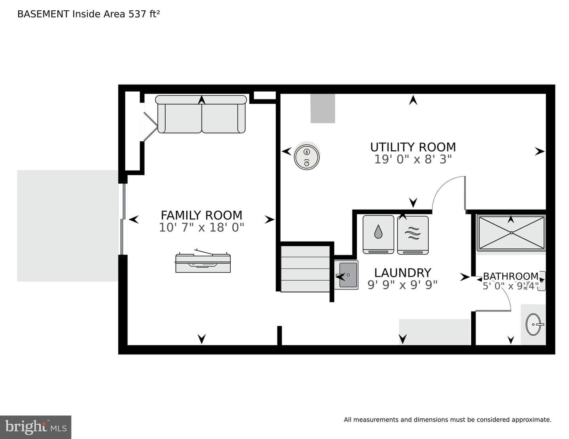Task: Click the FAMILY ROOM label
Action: coord(202,215)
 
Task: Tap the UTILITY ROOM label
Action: coord(413,147)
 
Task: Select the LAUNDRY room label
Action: coord(403,273)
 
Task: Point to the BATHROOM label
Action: coord(511,276)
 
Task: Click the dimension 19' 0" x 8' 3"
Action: coord(413,159)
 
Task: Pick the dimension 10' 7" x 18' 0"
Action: coord(202,227)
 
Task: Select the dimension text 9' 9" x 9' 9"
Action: coord(403,285)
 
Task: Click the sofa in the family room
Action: coord(201,114)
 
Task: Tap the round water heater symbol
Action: coord(307,157)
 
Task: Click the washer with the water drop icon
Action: coord(379,235)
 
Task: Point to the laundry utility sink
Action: coord(346,275)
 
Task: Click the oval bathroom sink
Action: coord(533,325)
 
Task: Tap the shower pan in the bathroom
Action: coord(511,233)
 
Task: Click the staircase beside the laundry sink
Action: coord(305,269)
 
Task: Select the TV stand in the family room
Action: coord(203,261)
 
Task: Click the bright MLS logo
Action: coord(36,427)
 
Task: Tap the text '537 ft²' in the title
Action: coord(144,14)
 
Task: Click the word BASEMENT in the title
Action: coord(43,14)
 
